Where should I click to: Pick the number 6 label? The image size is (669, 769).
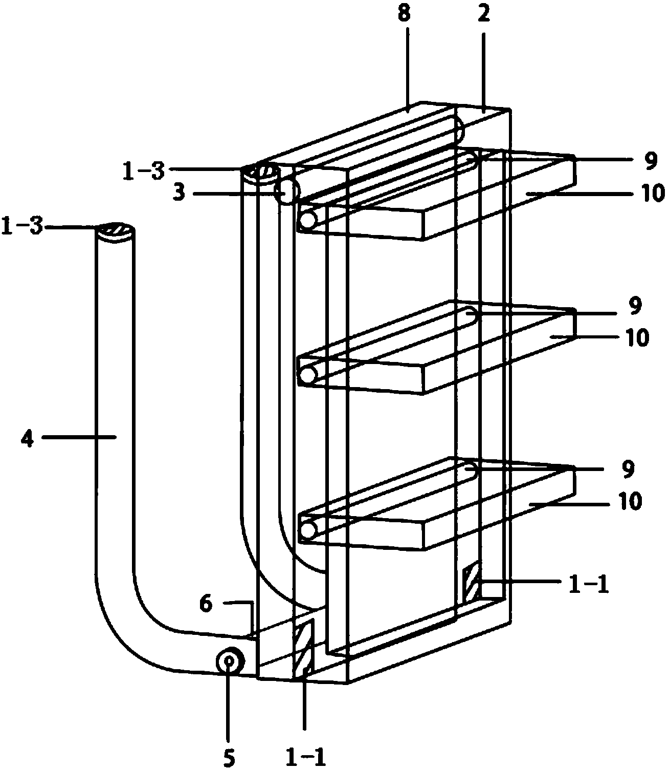coord(206,604)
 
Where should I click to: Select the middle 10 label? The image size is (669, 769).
coord(636,338)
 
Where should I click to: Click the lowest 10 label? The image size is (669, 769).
coord(630,502)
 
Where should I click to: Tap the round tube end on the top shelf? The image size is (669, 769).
coord(308,220)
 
